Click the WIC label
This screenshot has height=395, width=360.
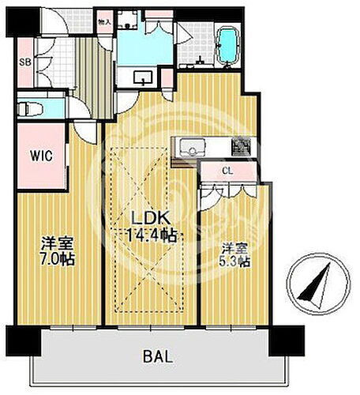[42, 156]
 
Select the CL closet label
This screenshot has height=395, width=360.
[226, 171]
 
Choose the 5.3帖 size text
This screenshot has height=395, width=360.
[234, 261]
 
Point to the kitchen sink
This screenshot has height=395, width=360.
[194, 148]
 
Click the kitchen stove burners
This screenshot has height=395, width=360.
[240, 147]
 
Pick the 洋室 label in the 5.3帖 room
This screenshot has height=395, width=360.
[234, 246]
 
